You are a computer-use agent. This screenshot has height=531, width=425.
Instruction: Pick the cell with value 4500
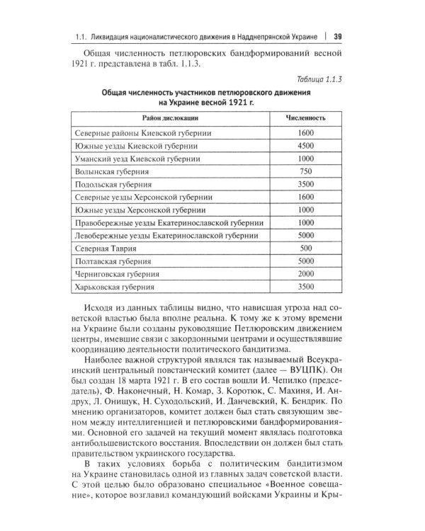(x=306, y=146)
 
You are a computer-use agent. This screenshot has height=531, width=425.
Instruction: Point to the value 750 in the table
(x=306, y=171)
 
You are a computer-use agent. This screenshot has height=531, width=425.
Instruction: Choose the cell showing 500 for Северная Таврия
(x=306, y=249)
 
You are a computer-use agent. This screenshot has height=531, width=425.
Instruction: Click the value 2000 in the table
(x=306, y=274)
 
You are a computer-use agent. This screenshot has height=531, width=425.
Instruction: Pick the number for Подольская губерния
(x=306, y=184)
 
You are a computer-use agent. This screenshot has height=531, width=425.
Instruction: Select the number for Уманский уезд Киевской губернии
(x=306, y=159)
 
